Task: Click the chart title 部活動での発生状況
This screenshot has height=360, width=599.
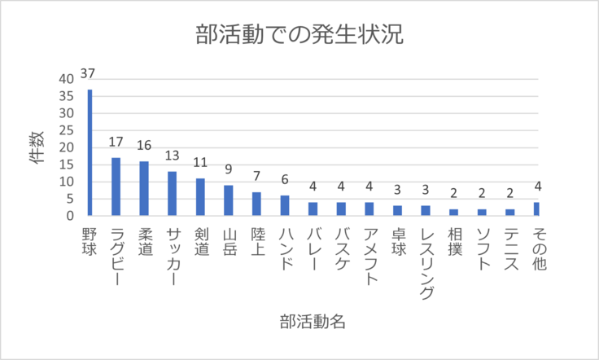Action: click(299, 36)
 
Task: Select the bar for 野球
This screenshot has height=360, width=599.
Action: click(90, 152)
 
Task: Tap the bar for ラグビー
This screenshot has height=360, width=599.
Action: click(116, 187)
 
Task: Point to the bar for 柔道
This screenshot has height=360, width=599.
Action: click(144, 188)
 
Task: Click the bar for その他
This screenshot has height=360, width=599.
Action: click(536, 209)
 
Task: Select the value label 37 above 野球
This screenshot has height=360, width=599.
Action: click(88, 75)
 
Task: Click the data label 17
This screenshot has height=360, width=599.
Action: click(116, 143)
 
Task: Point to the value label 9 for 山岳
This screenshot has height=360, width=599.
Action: click(228, 171)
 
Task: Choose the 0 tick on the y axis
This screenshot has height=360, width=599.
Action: click(70, 216)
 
